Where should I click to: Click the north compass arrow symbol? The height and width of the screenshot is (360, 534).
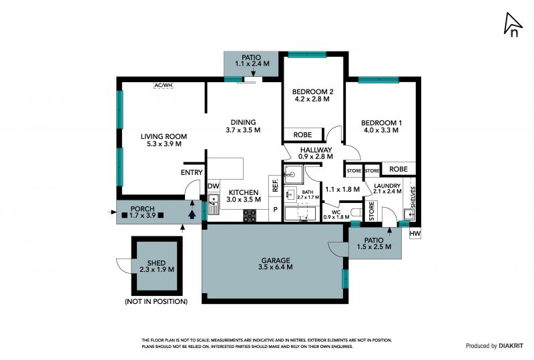pos(512,24)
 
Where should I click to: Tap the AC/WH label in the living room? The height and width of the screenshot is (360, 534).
pos(164,85)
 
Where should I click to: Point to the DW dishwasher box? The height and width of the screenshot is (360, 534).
pos(214,186)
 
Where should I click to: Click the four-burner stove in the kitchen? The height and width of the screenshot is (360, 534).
pos(250,216)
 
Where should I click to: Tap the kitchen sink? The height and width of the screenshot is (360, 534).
pos(213,204)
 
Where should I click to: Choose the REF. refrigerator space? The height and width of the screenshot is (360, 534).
pos(276,186)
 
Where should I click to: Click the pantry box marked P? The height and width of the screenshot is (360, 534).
pos(276,210)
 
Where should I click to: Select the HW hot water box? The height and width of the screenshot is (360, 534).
pos(415,234)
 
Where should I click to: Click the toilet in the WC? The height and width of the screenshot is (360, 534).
pos(356,212)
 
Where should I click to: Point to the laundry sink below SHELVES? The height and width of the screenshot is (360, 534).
pos(409,214)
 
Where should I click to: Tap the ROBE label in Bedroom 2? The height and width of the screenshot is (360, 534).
pos(302,135)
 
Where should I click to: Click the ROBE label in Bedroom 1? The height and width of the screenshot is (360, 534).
pos(398,169)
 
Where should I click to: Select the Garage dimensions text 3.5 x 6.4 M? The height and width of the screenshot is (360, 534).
pos(275,267)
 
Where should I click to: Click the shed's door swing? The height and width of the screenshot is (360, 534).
pos(124,266)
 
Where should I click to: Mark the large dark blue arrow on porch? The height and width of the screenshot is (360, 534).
pos(192,214)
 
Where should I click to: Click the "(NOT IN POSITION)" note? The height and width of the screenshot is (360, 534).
pos(156,301)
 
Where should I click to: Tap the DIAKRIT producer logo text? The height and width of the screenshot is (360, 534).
pos(511,346)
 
